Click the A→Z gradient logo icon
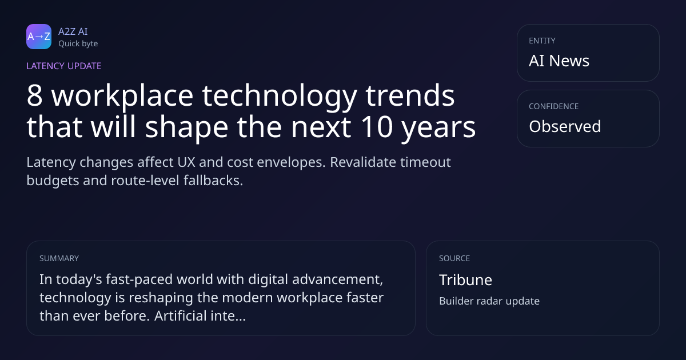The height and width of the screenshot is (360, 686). [x=39, y=37]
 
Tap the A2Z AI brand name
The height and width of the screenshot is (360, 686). [x=73, y=31]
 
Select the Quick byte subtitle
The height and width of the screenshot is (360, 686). [x=78, y=44]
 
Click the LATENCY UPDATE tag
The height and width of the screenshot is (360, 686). [x=63, y=66]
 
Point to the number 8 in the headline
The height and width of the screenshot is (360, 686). [x=34, y=95]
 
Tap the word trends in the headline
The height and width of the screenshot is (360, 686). [x=410, y=95]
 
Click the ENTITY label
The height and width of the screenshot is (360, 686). [x=542, y=41]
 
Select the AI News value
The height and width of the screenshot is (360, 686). [x=559, y=61]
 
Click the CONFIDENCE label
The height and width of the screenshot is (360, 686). [x=554, y=106]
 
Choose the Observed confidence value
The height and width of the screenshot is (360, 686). [x=565, y=126]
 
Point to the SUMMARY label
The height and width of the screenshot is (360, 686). [x=59, y=258]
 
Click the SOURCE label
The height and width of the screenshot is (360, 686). [x=454, y=258]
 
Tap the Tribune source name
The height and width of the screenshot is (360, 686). [x=465, y=280]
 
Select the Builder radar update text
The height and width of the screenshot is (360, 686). [x=489, y=301]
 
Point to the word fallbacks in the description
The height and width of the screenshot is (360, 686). [x=213, y=181]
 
